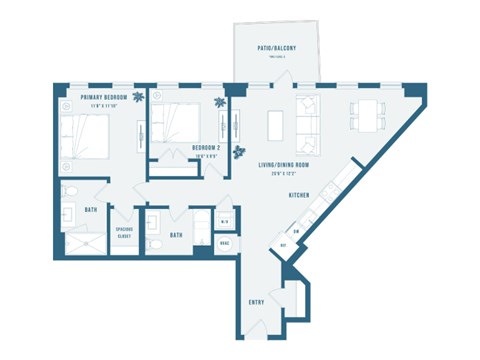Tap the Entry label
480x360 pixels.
tap(255, 301)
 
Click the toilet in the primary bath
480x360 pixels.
tap(68, 191)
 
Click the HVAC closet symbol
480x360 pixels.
tap(225, 242)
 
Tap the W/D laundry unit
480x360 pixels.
tap(225, 222)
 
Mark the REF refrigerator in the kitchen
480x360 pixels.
tap(285, 243)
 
